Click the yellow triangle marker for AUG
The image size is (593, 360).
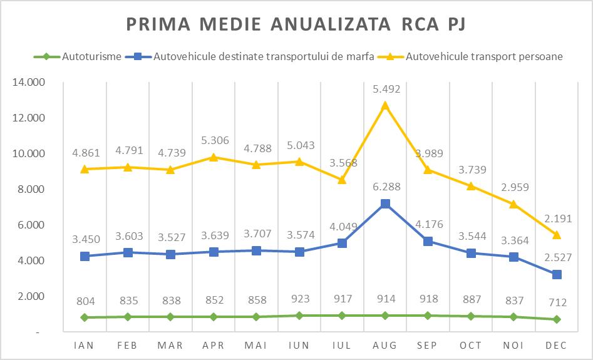(385, 105)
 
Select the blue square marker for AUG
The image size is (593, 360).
(385, 203)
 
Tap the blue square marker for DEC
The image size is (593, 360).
(556, 274)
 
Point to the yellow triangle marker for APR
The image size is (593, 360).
(214, 157)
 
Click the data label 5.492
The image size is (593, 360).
(385, 90)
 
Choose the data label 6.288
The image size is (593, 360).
(385, 187)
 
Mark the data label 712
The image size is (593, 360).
(556, 302)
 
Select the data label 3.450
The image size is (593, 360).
(85, 239)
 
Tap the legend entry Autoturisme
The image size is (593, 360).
(91, 56)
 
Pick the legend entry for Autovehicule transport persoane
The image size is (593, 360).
(485, 56)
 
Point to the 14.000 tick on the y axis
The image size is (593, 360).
(31, 82)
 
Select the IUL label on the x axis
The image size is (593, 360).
(342, 345)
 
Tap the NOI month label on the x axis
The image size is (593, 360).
(513, 345)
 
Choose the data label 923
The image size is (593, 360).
(299, 300)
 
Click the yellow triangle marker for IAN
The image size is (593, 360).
(85, 169)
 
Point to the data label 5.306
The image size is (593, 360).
(214, 140)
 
